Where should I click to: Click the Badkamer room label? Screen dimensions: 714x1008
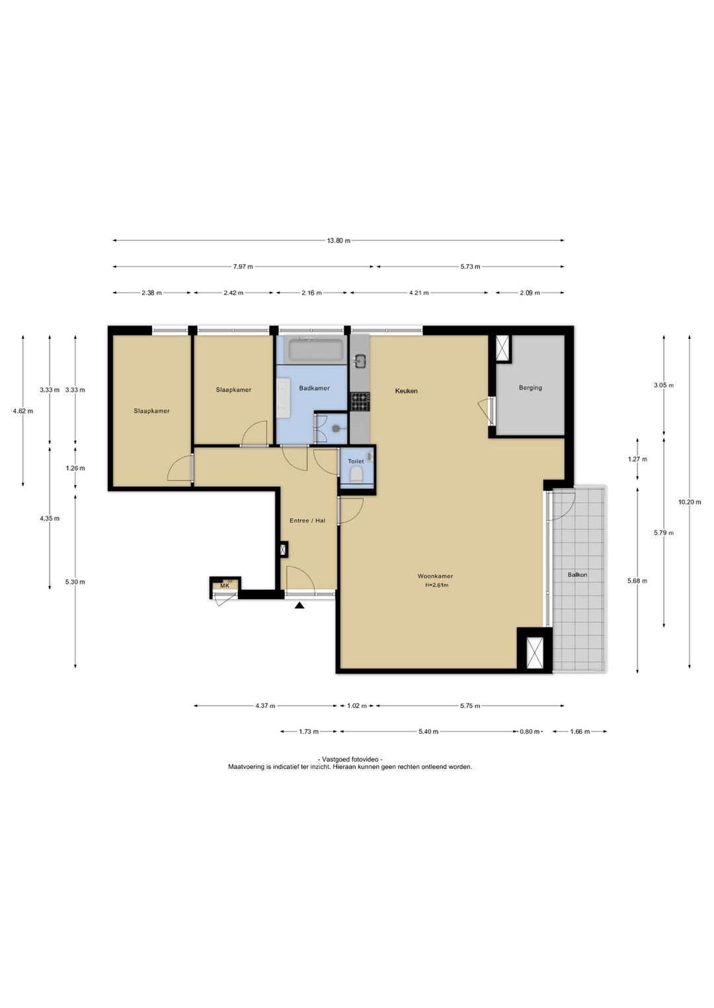[314, 388]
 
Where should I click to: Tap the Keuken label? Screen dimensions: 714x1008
[406, 391]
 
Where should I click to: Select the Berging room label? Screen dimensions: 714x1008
[530, 388]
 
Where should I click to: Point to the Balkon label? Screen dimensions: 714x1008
[577, 575]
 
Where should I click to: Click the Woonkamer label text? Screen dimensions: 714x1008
[435, 576]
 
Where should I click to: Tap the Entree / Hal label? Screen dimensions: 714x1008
[307, 521]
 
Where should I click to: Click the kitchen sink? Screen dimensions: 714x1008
[360, 361]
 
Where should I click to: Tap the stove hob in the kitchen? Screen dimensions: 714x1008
[360, 402]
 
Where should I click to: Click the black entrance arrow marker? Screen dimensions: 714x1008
[299, 606]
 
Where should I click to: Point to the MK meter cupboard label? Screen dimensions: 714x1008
[225, 586]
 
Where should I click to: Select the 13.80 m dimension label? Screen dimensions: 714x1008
[338, 240]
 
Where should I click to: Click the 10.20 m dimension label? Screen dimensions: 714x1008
[690, 502]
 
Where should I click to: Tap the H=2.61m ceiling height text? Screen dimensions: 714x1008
[436, 585]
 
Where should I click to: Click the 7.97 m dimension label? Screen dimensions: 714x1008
[243, 267]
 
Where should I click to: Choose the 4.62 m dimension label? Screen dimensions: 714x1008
[23, 411]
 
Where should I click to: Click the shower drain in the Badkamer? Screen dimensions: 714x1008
[336, 429]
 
